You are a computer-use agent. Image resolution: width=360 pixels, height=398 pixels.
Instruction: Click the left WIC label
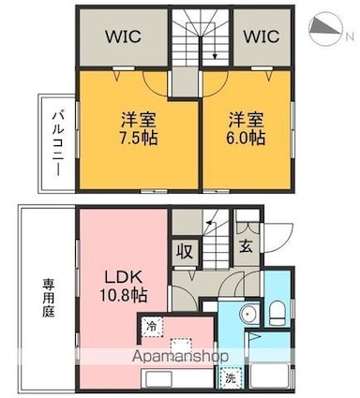pos(124,37)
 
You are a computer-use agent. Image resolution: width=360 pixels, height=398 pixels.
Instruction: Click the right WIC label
pos(262,37)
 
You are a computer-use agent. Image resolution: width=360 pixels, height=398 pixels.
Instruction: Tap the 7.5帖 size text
pos(139,138)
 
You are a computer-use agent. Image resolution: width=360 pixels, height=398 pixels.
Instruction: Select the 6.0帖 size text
pos(246,138)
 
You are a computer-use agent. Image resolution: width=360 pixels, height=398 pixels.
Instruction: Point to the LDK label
pos(123,277)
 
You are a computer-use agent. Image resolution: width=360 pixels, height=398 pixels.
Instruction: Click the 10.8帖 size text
pos(123,295)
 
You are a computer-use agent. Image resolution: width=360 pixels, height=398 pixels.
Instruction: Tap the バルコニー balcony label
pos(57,143)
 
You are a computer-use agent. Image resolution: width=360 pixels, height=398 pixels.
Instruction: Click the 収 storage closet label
pos(186,252)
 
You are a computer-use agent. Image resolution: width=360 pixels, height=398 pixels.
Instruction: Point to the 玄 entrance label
pos(247,246)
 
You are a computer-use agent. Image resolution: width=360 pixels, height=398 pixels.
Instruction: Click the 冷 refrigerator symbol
pos(152,327)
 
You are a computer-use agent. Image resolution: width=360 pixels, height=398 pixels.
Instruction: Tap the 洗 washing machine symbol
pos(231,378)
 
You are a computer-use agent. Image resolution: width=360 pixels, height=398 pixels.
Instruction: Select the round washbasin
pos(248,313)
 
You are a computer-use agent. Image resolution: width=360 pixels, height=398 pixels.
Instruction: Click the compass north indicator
pos(325,29)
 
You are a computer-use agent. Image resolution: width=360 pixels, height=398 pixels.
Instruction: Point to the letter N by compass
pos(350,37)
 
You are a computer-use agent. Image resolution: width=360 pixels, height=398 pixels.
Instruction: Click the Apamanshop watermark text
pos(180,356)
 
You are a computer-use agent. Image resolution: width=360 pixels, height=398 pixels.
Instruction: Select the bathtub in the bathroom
pos(269,376)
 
